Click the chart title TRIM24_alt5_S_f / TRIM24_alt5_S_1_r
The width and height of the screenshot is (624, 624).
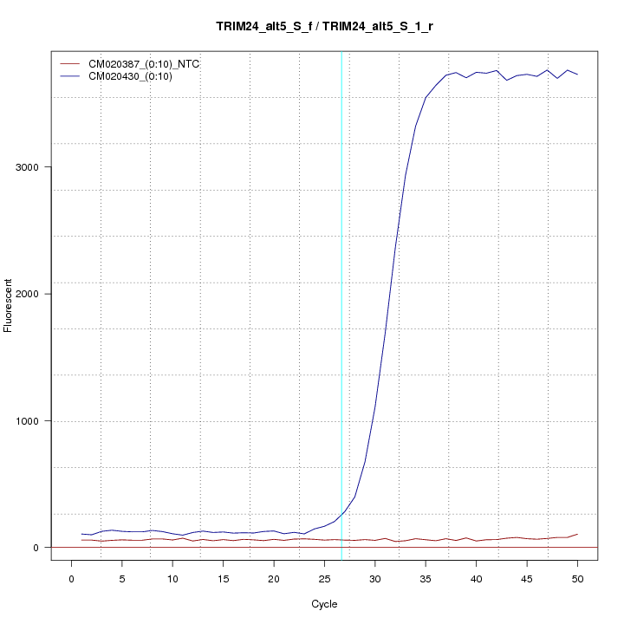point(325,27)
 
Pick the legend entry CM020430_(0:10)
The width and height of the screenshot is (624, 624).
point(137,76)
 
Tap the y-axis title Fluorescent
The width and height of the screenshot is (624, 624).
point(10,305)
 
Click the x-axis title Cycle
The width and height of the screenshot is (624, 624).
point(324,604)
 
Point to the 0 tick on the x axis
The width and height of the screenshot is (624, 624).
point(71,578)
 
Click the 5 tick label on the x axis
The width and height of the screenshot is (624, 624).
point(122,578)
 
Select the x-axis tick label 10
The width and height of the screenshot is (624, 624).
point(172,578)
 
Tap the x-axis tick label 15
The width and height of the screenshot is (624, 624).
point(223,578)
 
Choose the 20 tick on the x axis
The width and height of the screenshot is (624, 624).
point(274,578)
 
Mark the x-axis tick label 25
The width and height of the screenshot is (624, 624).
point(324,578)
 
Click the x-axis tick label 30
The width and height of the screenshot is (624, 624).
point(375,578)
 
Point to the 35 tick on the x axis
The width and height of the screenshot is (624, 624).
point(426,578)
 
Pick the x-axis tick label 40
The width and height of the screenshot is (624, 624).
point(476,578)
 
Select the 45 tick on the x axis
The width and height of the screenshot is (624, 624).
point(527,578)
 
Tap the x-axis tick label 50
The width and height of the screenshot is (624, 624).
point(577,578)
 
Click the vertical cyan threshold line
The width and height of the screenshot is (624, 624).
point(341,303)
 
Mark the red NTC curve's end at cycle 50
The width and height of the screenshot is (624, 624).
point(577,535)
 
